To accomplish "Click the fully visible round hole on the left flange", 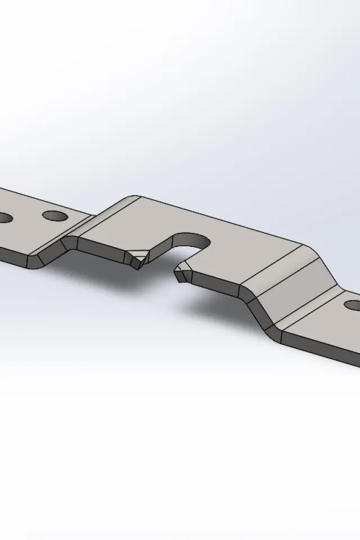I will coord(54,215).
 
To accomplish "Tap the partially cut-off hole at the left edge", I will coord(4,217).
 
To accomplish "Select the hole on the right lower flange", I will coord(353,305).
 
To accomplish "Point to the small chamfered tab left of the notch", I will coord(137,258).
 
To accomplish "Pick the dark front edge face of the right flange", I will coord(321,346).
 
